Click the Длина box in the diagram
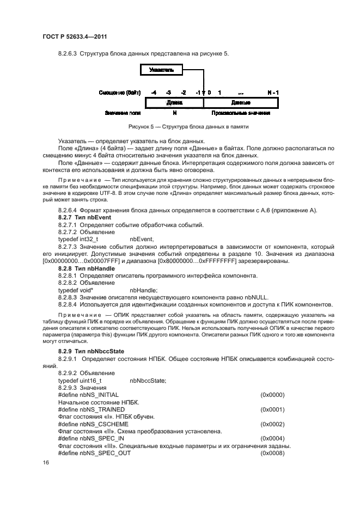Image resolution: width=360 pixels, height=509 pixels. click(x=174, y=102)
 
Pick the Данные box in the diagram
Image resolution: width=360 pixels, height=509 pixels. click(x=241, y=102)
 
